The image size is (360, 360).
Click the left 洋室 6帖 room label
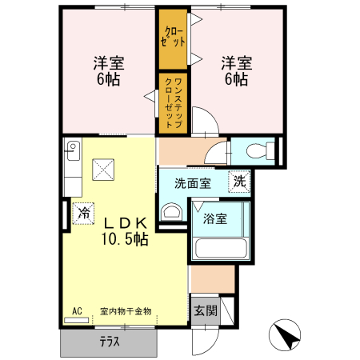click(x=107, y=70)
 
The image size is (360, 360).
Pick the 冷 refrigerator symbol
click(x=84, y=213)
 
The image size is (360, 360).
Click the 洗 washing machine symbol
click(x=239, y=182)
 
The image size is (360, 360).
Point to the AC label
click(x=78, y=310)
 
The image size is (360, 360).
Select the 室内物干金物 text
click(x=126, y=310)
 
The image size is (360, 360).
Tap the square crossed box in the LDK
click(x=103, y=170)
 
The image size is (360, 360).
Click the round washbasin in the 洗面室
click(x=170, y=212)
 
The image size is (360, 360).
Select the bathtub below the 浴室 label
click(x=220, y=245)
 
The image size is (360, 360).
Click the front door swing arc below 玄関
click(x=205, y=340)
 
